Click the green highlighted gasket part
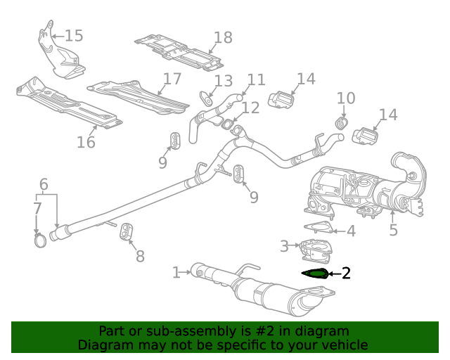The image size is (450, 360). pyautogui.click(x=314, y=274)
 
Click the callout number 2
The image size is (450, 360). pyautogui.click(x=345, y=274)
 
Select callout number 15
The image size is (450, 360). pyautogui.click(x=74, y=35)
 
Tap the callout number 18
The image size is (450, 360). pyautogui.click(x=223, y=38)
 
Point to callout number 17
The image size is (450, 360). pyautogui.click(x=172, y=79)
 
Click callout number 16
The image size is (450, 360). pyautogui.click(x=86, y=142)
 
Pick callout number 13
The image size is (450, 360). pyautogui.click(x=223, y=81)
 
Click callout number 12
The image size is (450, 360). pyautogui.click(x=250, y=108)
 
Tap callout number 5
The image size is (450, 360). pyautogui.click(x=393, y=229)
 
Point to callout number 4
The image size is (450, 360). pyautogui.click(x=351, y=231)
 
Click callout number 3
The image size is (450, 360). pyautogui.click(x=284, y=246)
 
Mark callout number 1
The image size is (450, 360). pyautogui.click(x=177, y=270)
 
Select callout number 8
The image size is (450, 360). pyautogui.click(x=140, y=256)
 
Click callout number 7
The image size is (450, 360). pyautogui.click(x=37, y=209)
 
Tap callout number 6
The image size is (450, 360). pyautogui.click(x=44, y=186)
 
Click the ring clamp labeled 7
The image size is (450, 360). pyautogui.click(x=41, y=241)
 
